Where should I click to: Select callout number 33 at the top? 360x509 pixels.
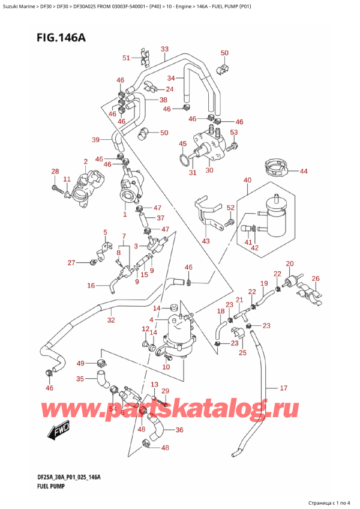[165, 49]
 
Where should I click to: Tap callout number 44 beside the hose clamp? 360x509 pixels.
[304, 171]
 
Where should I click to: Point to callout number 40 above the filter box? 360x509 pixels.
[247, 180]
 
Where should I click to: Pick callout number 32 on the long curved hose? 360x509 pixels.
[110, 320]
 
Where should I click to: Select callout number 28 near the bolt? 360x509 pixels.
[55, 172]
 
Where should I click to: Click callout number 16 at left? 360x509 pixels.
[91, 286]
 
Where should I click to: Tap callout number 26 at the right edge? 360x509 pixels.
[316, 278]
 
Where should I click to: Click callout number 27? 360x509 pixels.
[71, 262]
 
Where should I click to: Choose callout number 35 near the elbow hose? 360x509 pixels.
[80, 379]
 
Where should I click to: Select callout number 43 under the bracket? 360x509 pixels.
[206, 241]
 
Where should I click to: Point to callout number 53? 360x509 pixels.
[234, 132]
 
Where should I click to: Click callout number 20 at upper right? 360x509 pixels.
[290, 264]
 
